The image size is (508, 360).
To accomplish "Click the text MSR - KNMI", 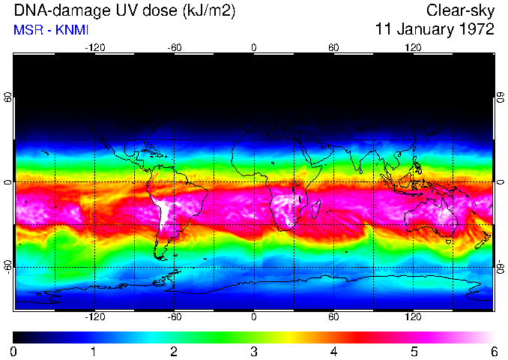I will (47, 30).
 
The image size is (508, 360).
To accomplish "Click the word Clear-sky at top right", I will (460, 10).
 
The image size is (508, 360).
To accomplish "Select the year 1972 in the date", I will (477, 30).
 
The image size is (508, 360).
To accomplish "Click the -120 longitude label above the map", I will (94, 47).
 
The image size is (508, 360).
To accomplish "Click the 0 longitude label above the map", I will (253, 47).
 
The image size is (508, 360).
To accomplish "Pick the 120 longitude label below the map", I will (413, 317).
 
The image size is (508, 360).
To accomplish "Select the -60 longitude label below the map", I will (174, 317).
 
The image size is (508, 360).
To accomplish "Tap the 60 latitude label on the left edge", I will (7, 97).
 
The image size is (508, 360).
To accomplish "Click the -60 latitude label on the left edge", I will (7, 267).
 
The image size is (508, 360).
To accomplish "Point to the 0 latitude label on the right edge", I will (499, 182).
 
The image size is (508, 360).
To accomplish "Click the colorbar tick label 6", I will (493, 351).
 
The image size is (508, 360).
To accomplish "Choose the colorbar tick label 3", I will (253, 351).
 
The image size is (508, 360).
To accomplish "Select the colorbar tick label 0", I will (14, 351).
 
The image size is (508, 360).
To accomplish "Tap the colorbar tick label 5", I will (413, 351).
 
